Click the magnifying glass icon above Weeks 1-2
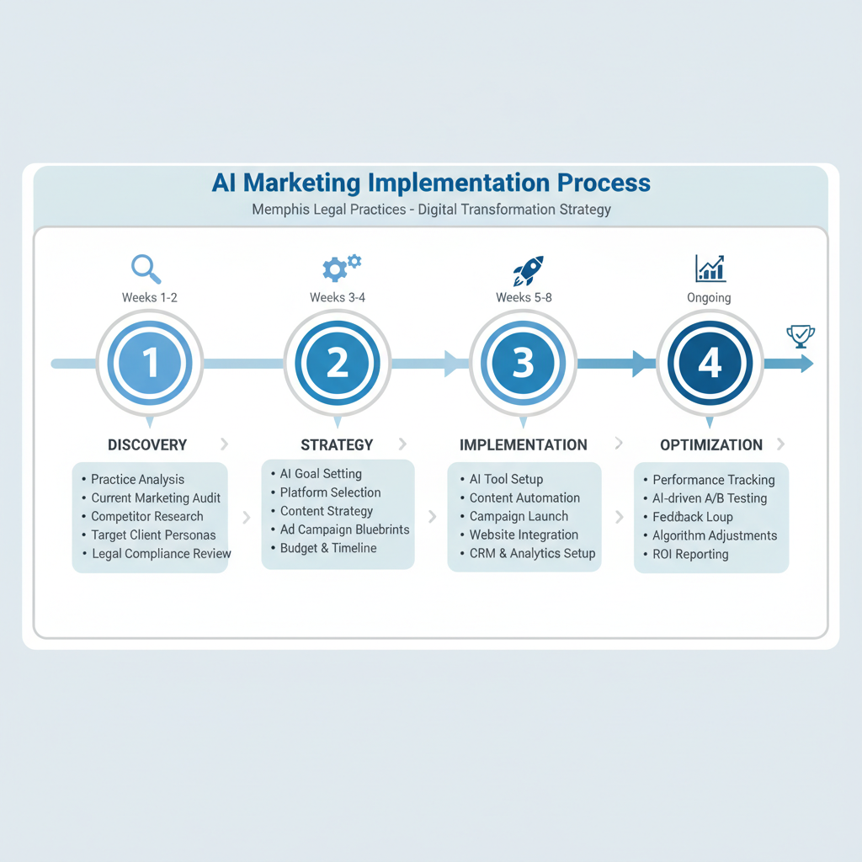[146, 269]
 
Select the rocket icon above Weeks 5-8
[528, 270]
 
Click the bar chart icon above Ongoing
[710, 269]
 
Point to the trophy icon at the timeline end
[800, 336]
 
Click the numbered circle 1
[150, 364]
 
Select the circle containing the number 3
[523, 364]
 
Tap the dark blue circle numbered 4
[710, 364]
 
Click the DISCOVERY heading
[147, 444]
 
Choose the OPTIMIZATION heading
[711, 444]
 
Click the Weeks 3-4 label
[338, 297]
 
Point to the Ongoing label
[708, 297]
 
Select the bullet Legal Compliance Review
[161, 553]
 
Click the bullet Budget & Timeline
[328, 548]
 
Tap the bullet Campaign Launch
[519, 516]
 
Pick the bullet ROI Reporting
[690, 554]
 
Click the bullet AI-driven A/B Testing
[710, 498]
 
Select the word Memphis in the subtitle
[279, 209]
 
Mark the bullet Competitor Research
[147, 516]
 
